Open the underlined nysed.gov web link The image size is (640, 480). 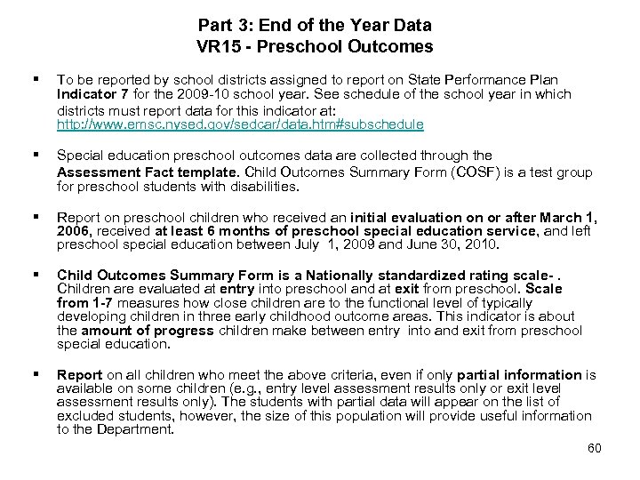[x=240, y=124]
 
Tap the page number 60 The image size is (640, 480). [x=594, y=448]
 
